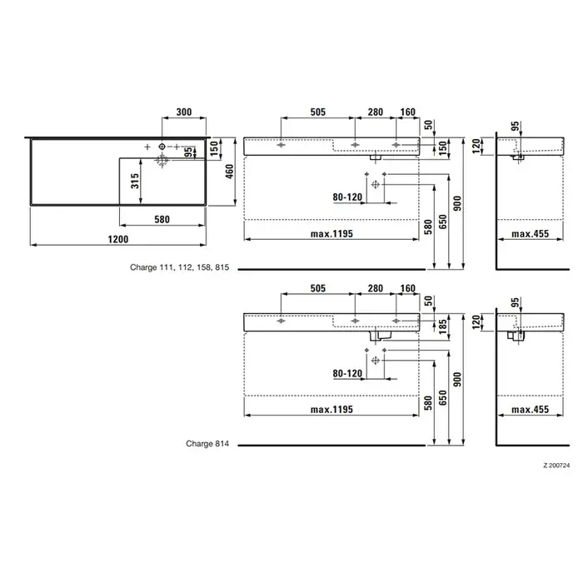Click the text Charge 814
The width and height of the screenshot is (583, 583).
tap(207, 444)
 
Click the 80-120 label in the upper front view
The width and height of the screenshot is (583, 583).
tap(348, 197)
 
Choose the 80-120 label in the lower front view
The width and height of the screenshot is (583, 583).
tap(348, 374)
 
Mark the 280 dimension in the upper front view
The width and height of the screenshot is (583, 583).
tap(376, 112)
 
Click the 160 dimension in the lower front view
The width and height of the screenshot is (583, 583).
tap(407, 288)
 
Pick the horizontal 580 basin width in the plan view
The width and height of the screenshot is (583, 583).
tap(162, 219)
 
